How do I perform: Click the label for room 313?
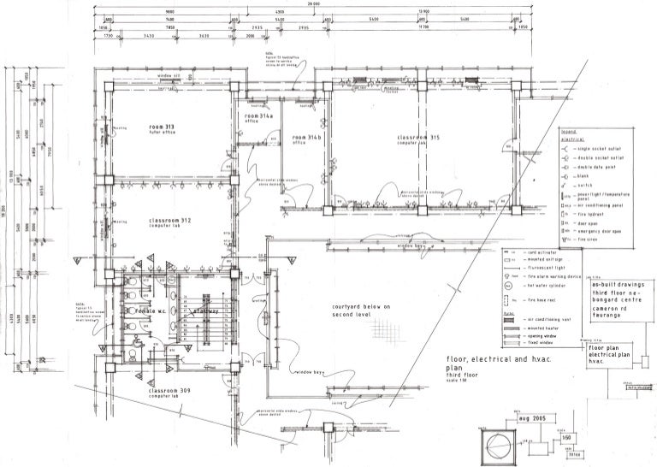coord(162,129)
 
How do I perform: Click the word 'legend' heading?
coord(570,132)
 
